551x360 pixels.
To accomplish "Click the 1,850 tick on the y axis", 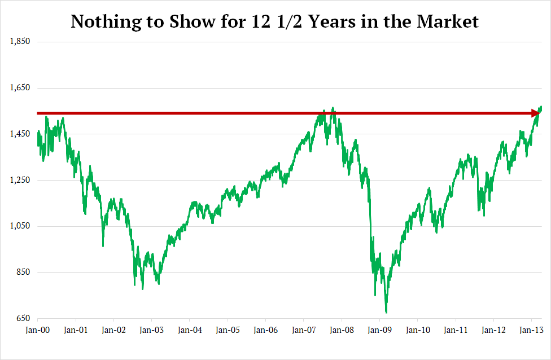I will (20, 42).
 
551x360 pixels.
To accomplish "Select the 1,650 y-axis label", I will (20, 88).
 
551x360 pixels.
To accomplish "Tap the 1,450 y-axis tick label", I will (20, 134).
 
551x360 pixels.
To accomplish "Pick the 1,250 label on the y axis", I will (20, 180).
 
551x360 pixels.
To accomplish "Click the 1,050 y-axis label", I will (20, 226).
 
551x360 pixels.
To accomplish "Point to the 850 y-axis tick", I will (23, 272).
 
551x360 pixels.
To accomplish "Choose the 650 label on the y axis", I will (23, 318).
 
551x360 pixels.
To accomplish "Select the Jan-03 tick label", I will (151, 330).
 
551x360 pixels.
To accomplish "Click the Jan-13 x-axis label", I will (531, 330).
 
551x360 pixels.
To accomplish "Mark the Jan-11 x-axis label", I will (456, 330).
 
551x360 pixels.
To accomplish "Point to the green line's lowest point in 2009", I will (386, 312).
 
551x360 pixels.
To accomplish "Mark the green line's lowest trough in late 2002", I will (142, 289).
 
